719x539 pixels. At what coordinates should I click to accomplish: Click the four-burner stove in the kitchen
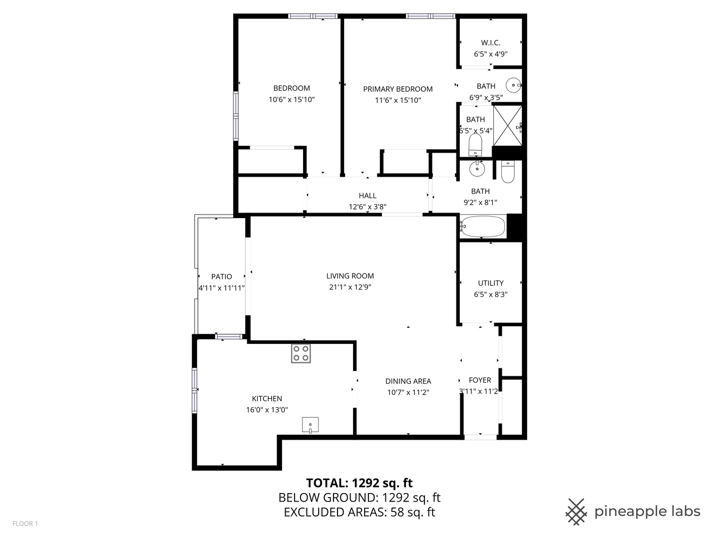pyautogui.click(x=301, y=353)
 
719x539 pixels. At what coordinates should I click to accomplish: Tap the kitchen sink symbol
pyautogui.click(x=310, y=425)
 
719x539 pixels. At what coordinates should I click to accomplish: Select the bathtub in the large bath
pyautogui.click(x=482, y=227)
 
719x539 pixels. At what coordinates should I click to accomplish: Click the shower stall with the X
pyautogui.click(x=508, y=125)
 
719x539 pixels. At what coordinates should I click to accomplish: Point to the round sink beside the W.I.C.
pyautogui.click(x=514, y=85)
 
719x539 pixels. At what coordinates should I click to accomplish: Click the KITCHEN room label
pyautogui.click(x=267, y=398)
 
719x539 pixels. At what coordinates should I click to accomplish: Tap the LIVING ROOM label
pyautogui.click(x=350, y=275)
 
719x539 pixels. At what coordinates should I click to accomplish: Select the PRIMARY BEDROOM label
pyautogui.click(x=398, y=89)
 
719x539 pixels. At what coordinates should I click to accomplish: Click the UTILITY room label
pyautogui.click(x=491, y=283)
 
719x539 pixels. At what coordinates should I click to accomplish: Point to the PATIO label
pyautogui.click(x=222, y=276)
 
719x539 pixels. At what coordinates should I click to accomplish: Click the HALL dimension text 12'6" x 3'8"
pyautogui.click(x=367, y=207)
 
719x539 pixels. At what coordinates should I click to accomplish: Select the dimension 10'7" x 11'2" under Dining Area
pyautogui.click(x=408, y=392)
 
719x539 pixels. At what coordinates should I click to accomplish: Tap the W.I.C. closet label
pyautogui.click(x=491, y=43)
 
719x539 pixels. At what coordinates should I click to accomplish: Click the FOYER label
pyautogui.click(x=480, y=380)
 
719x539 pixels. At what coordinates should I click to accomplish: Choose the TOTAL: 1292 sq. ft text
pyautogui.click(x=359, y=483)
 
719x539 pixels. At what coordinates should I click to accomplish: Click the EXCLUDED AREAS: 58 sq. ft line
pyautogui.click(x=359, y=512)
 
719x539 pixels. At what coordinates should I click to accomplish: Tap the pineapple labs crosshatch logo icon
pyautogui.click(x=576, y=512)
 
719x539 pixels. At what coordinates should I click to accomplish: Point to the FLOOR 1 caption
pyautogui.click(x=25, y=524)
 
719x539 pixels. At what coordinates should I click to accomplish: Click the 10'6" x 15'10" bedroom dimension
pyautogui.click(x=292, y=99)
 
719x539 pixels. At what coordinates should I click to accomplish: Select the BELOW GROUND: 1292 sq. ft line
pyautogui.click(x=359, y=498)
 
